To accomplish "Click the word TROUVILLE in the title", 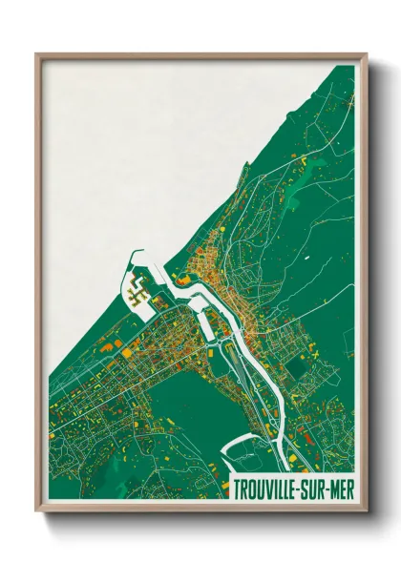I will point(270,488).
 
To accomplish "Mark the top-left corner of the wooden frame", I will point(36,54).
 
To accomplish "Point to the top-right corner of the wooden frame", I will point(367,54).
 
